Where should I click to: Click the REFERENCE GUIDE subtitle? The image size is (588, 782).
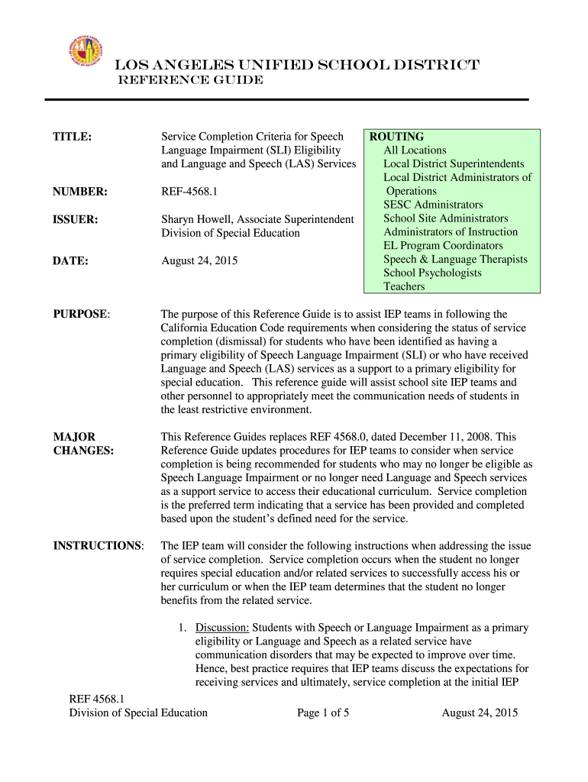[x=189, y=80]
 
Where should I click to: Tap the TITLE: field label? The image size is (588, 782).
[x=73, y=137]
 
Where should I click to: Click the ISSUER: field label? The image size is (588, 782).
[x=76, y=219]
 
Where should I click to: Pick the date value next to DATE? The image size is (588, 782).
[x=199, y=260]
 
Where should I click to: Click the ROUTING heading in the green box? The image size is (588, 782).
[x=397, y=137]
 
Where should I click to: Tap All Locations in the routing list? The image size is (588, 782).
[x=415, y=150]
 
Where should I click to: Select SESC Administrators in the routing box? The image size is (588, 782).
[x=433, y=205]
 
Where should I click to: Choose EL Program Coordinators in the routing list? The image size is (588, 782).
[x=443, y=245]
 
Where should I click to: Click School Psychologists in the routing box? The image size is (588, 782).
[x=432, y=273]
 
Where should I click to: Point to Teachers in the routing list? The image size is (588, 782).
[x=404, y=286]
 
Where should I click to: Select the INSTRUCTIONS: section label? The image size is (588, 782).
[x=99, y=545]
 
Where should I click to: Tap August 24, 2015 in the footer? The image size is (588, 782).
[x=480, y=713]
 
